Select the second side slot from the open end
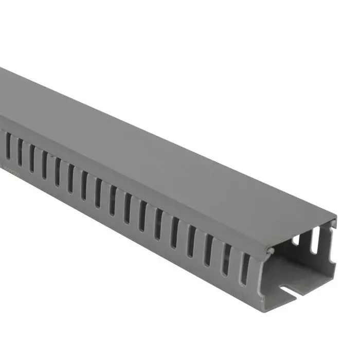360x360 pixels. (x=226, y=259)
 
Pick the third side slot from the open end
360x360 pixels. (x=208, y=251)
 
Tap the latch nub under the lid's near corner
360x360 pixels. (x=270, y=251)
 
